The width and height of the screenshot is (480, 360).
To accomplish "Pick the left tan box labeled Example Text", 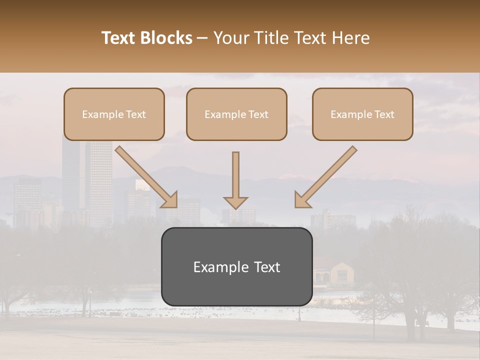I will pos(114,114).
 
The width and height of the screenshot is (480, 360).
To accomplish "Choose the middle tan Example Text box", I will pos(236,114).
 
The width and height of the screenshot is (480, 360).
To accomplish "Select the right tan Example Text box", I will pos(362,114).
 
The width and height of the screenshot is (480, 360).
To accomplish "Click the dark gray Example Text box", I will pos(236,266).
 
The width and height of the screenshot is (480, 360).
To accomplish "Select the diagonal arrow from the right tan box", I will pos(326,176).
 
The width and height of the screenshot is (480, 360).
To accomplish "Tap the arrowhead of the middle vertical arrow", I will pos(235,202).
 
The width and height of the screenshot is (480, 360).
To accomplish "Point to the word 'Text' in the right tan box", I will pos(384,114).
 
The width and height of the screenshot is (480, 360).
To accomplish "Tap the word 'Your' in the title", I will pos(228,38).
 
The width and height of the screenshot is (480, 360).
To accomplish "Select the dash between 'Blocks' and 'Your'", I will pos(202,38).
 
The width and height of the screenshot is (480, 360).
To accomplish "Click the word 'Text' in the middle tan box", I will pos(258,114).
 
